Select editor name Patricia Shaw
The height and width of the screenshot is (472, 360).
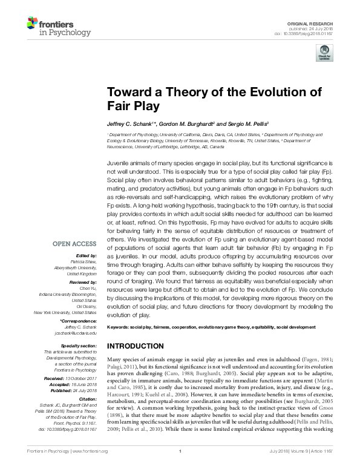tap(83, 262)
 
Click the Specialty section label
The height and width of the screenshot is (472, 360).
tap(79, 346)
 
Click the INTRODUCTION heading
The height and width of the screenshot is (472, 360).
tap(138, 346)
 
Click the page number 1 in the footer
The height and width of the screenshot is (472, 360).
tap(180, 468)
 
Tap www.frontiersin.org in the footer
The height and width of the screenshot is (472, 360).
tap(90, 468)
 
